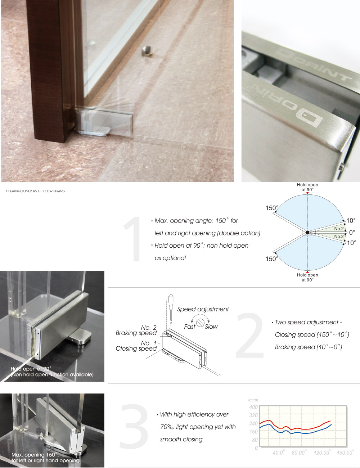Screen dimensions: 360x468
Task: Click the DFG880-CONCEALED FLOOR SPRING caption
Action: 36,191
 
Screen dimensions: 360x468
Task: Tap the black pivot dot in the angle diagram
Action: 307,233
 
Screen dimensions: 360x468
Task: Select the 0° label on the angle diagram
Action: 352,233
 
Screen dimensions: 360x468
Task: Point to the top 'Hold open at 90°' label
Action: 307,187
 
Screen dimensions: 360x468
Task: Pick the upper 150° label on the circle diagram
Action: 272,208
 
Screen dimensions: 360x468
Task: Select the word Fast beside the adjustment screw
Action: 189,327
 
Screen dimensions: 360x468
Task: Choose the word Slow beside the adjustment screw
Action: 211,327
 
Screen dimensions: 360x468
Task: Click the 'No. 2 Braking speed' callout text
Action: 136,330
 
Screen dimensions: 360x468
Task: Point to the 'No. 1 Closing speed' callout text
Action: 136,346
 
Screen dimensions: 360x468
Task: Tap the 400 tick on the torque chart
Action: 253,407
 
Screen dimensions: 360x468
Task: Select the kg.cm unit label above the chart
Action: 253,400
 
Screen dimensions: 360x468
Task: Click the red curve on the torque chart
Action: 295,429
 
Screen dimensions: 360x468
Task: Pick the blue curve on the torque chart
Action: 295,432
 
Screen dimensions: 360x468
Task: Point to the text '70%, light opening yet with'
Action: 198,427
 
